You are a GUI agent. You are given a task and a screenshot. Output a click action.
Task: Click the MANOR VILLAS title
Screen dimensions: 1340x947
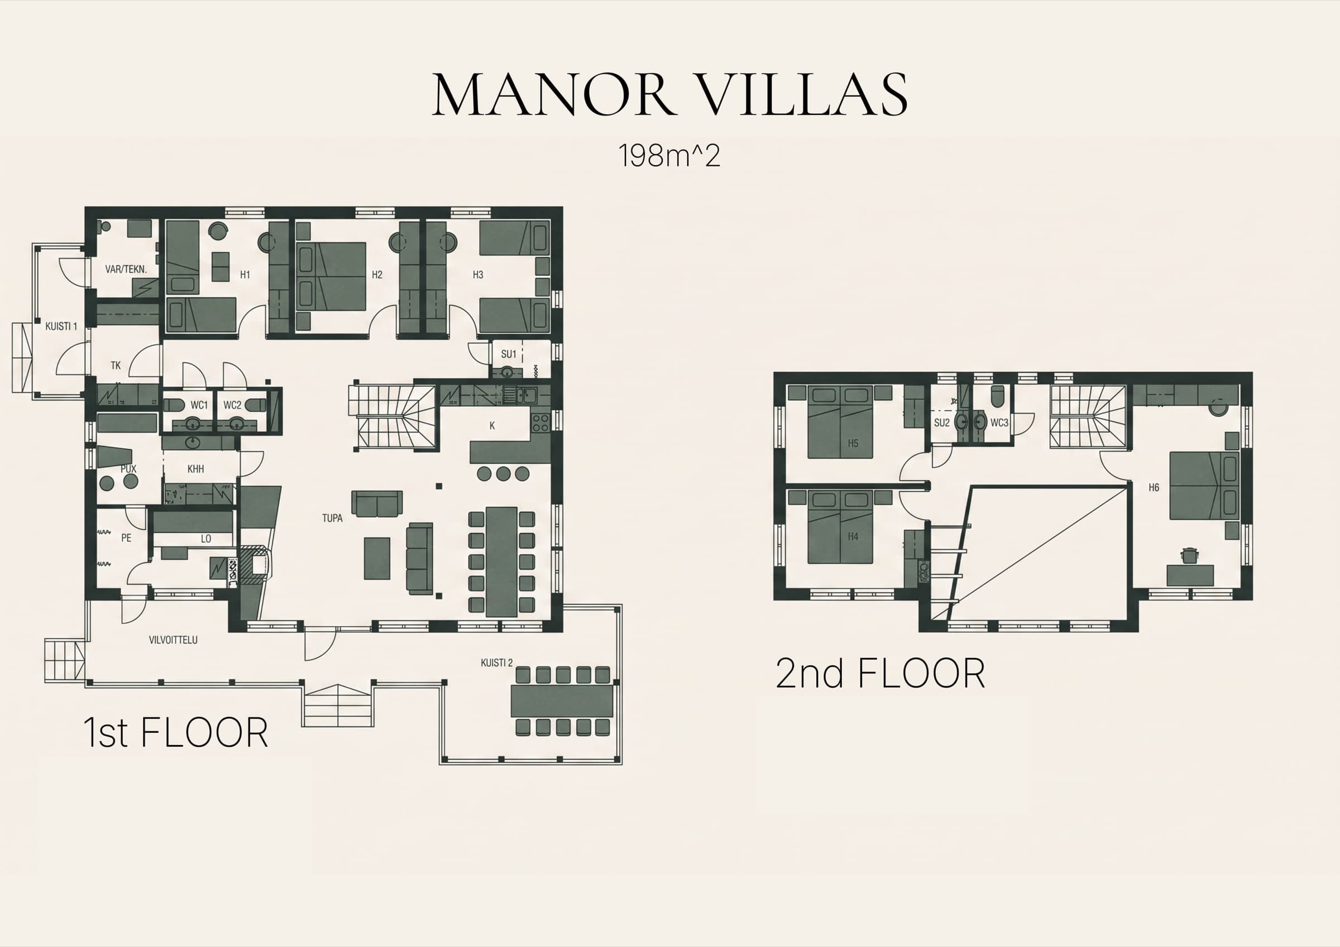point(669,94)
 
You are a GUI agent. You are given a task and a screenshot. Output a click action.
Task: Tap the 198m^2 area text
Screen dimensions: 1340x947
point(669,156)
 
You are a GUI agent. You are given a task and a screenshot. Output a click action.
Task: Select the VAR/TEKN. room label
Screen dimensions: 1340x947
point(126,269)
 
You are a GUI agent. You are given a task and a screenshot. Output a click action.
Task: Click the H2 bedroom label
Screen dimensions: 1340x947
point(377,274)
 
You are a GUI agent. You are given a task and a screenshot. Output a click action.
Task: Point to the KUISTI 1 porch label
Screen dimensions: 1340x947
point(61,326)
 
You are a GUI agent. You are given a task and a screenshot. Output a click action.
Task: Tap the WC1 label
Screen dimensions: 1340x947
point(199,405)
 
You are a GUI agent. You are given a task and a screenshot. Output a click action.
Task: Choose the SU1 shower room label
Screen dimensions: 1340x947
point(508,354)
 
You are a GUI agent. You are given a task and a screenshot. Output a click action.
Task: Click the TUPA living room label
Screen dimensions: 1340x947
point(332,518)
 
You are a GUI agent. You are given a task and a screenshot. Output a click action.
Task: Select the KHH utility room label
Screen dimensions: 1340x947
point(195,469)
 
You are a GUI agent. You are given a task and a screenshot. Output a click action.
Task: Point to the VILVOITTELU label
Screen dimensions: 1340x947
point(173,640)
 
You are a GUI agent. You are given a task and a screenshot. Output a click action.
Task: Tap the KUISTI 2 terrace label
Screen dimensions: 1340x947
point(497,662)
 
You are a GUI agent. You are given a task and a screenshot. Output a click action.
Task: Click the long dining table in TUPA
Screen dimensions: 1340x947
point(502,561)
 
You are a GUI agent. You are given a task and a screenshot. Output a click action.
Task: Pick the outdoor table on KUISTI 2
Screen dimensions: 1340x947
point(562,701)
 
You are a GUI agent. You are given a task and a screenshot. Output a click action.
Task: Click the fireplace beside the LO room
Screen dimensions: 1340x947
point(255,564)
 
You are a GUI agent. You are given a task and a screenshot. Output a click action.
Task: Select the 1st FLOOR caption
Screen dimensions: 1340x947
point(176,732)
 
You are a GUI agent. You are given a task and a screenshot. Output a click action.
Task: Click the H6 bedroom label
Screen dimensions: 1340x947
point(1154,487)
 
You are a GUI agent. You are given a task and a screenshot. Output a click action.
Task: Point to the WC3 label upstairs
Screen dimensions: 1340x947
point(999,422)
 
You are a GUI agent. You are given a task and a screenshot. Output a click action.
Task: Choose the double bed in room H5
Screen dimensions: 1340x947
point(840,422)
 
